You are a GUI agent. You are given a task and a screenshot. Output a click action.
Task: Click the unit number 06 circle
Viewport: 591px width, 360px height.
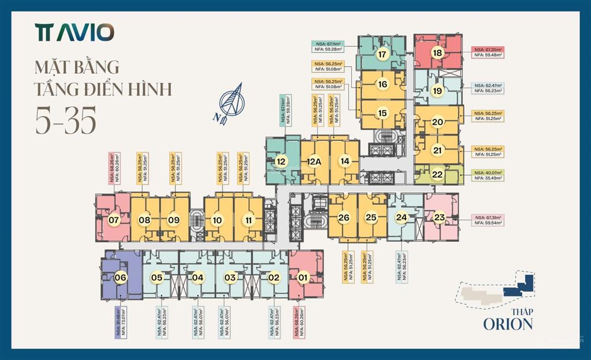coord(120,277)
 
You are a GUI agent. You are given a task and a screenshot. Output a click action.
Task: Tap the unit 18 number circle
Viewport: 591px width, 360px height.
coord(437,53)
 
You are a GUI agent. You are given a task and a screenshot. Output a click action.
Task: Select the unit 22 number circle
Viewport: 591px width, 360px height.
coord(437,174)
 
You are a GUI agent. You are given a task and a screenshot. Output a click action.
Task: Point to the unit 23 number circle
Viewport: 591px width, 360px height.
coord(440,217)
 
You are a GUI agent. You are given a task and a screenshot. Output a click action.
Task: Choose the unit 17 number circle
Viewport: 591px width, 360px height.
coord(381,55)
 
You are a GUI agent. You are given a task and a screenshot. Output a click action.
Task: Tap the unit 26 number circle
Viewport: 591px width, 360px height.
coord(343,217)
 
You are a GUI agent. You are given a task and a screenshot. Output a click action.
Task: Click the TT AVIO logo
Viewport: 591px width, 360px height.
coord(74,32)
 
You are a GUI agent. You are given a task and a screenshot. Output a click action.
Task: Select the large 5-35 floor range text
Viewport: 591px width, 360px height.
coord(66,121)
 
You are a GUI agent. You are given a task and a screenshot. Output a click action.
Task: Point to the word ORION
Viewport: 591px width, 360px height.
coord(508,324)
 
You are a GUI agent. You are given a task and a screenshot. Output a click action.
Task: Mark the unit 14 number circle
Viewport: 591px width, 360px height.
coord(345,162)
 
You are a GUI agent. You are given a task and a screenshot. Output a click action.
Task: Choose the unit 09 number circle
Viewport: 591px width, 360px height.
coord(174,219)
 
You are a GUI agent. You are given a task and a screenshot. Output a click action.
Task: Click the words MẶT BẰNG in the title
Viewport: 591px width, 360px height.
coord(77,66)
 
